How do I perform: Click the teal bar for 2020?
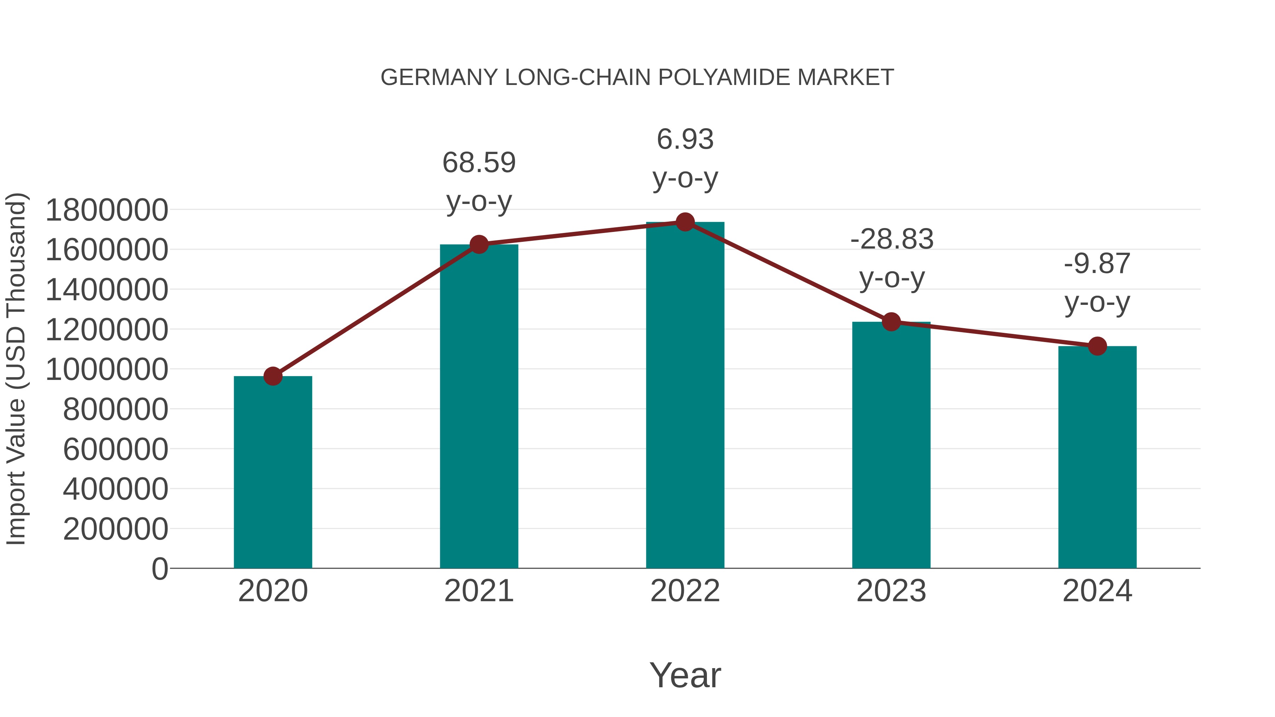coord(273,473)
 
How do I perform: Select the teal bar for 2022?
coord(685,396)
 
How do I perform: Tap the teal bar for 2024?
coord(1097,458)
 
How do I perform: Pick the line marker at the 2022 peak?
coord(685,222)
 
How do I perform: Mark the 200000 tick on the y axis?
coord(116,529)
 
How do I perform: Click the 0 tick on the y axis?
coord(160,569)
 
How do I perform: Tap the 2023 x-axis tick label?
coord(891,591)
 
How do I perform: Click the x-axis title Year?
coord(685,675)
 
